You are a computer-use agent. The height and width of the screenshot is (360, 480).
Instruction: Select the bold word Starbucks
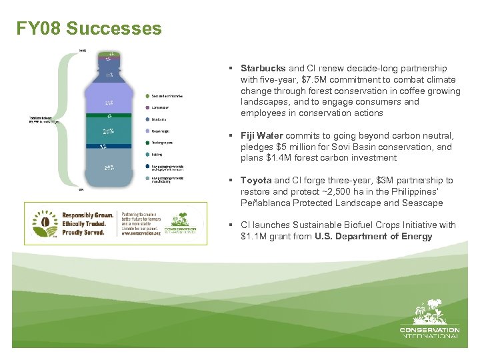click(263, 68)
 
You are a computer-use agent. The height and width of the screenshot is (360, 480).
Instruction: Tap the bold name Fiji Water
click(262, 136)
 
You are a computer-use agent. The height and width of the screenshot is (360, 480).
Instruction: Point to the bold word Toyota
click(255, 181)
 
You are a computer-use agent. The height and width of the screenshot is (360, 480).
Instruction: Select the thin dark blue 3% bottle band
click(107, 146)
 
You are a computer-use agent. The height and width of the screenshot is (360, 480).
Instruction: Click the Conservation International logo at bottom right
click(429, 320)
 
